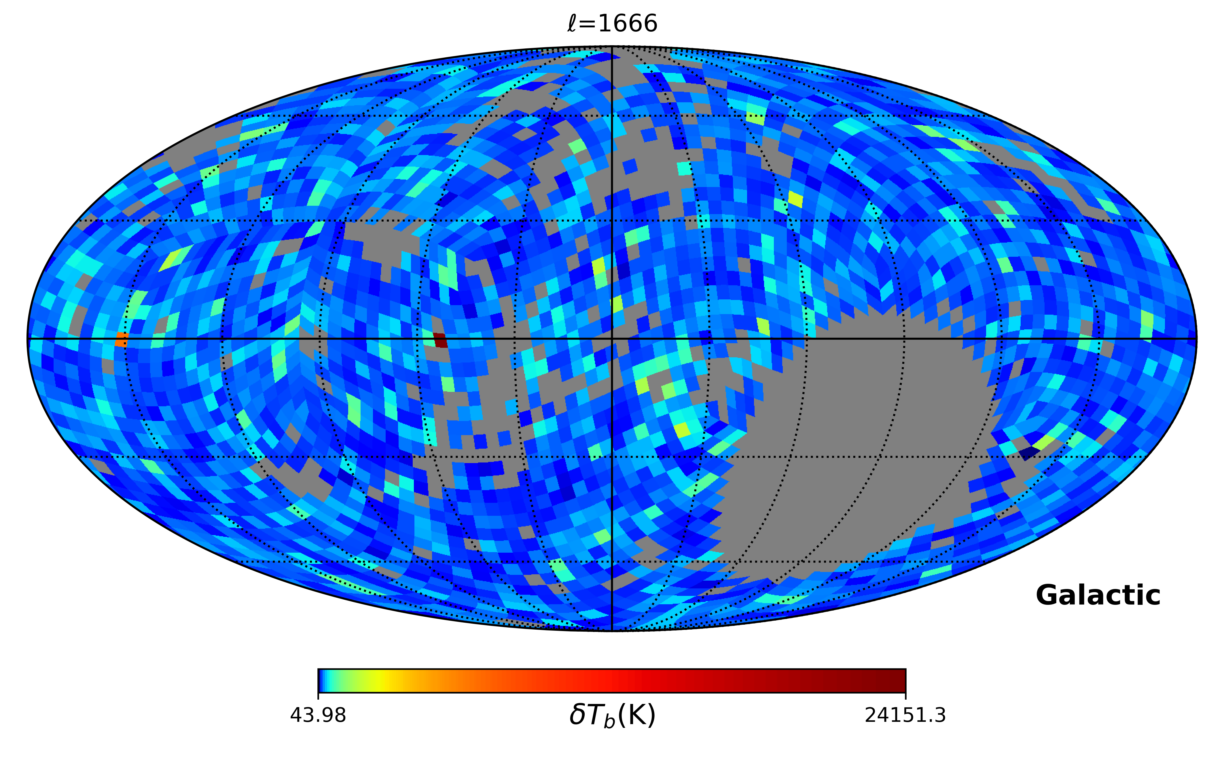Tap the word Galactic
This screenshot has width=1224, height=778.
(x=1098, y=595)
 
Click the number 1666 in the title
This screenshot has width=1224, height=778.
(x=628, y=23)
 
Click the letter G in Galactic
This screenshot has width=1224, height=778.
(x=1048, y=595)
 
